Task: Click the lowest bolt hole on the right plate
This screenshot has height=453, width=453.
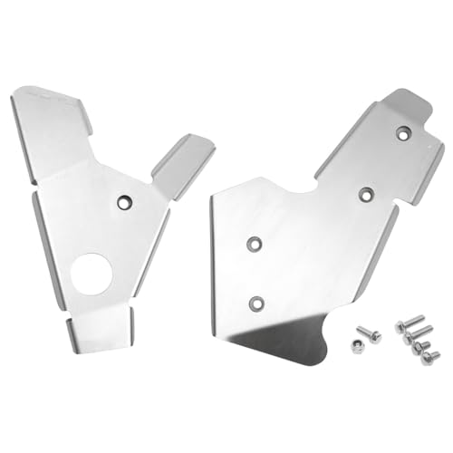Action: [x=257, y=302]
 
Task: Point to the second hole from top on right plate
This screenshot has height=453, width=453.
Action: [x=366, y=192]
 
